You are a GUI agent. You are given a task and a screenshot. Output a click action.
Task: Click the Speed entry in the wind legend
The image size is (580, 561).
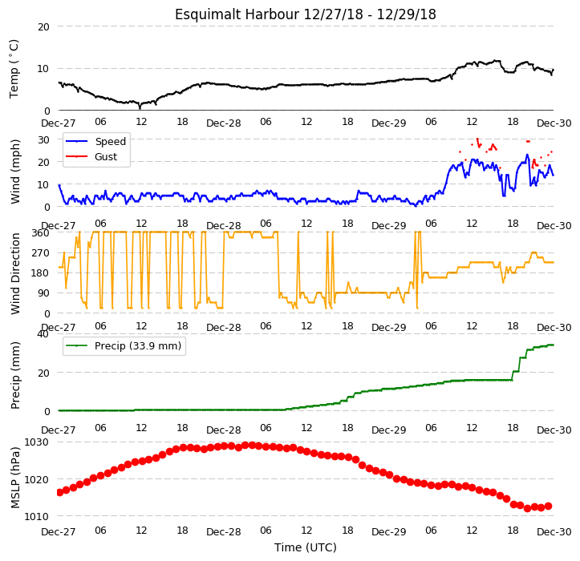click(x=111, y=142)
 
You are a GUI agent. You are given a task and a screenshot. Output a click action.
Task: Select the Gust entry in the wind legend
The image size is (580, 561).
click(x=106, y=157)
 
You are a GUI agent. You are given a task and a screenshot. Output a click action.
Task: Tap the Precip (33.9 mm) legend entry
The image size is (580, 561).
click(x=138, y=346)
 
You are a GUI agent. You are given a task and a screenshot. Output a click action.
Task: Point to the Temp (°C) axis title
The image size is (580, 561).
click(x=14, y=69)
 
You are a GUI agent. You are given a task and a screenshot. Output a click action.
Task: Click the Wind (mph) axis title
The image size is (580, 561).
click(x=14, y=172)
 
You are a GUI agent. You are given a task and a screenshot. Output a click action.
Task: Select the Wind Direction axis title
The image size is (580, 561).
click(x=14, y=273)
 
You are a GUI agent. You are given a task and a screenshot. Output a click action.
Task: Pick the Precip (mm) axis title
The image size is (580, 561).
click(x=14, y=375)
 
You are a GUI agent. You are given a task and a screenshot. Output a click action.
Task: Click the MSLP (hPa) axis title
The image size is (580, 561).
click(x=14, y=478)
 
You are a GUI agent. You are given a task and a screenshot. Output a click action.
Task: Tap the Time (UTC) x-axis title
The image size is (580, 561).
click(x=305, y=547)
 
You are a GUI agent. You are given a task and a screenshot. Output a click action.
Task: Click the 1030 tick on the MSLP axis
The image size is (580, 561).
click(x=36, y=442)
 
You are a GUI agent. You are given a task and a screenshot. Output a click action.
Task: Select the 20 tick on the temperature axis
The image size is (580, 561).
click(x=43, y=27)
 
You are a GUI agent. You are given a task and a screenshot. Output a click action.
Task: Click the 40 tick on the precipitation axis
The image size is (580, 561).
click(x=43, y=334)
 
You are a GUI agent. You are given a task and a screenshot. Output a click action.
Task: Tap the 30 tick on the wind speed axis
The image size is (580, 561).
click(x=43, y=140)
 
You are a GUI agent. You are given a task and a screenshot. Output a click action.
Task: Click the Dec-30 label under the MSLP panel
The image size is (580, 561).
click(x=554, y=532)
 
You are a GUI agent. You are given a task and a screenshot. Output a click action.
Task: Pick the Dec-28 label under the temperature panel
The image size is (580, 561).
click(x=224, y=123)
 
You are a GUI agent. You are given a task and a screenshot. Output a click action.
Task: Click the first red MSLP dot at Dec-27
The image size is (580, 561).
click(x=59, y=492)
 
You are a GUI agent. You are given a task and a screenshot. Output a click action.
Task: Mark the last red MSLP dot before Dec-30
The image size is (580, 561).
click(x=548, y=506)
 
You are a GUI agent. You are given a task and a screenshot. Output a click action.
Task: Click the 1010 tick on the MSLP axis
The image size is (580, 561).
click(x=36, y=516)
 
